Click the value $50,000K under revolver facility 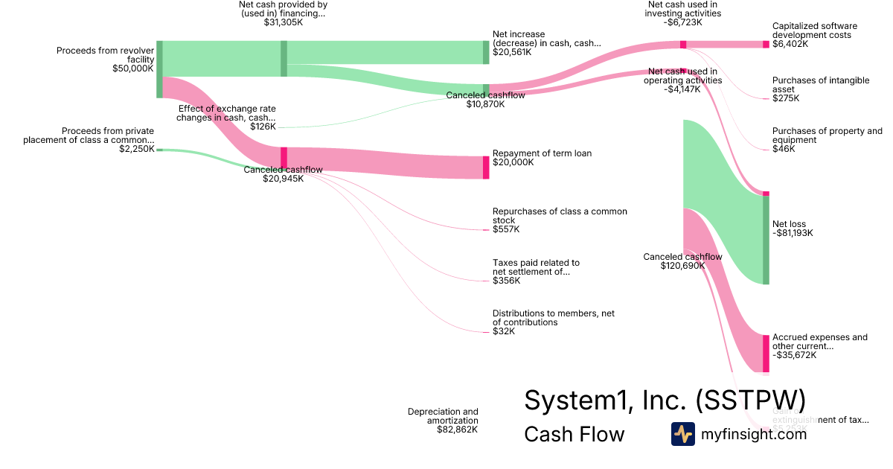point(132,68)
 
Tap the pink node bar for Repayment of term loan point(486,167)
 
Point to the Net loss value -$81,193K point(793,233)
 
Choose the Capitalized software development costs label point(814,31)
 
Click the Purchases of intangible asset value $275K point(785,98)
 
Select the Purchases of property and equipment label point(827,135)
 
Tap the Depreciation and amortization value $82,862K point(457,430)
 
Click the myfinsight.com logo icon point(682,433)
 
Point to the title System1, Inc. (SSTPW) point(665,400)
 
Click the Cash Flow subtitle point(574,434)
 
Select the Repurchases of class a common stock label point(560,216)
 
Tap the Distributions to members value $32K point(504,331)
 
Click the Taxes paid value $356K point(506,281)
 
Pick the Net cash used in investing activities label point(683,9)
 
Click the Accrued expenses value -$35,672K point(795,355)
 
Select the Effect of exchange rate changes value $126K point(263,127)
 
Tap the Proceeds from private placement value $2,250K point(137,149)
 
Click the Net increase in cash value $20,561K point(512,52)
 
